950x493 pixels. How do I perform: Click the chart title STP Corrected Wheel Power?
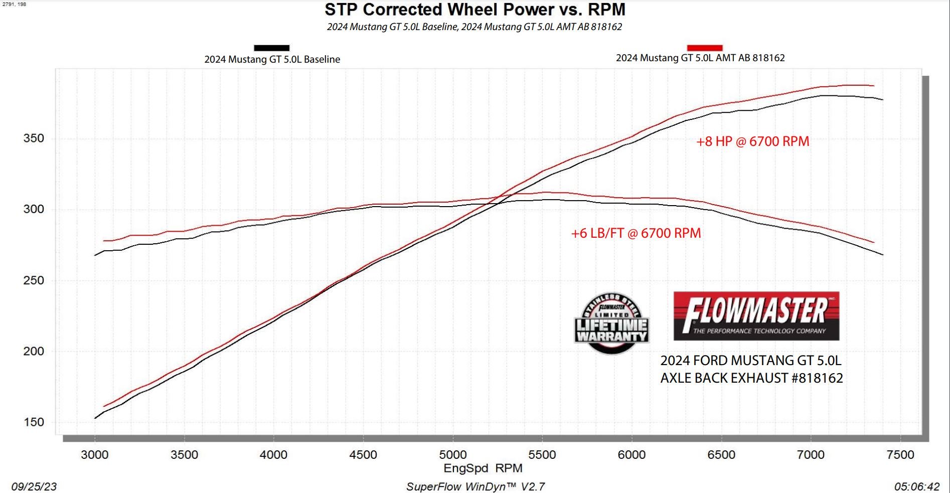click(x=474, y=10)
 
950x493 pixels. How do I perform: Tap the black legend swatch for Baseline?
click(x=271, y=48)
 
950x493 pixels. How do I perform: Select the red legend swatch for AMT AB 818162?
click(x=705, y=48)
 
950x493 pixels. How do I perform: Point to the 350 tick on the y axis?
click(x=34, y=138)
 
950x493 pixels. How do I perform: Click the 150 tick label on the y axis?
click(x=34, y=422)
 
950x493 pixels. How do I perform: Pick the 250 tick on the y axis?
click(x=34, y=280)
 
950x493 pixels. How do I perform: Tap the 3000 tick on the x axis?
click(x=94, y=455)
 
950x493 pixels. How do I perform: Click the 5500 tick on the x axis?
click(x=542, y=455)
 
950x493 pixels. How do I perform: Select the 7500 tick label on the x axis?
click(x=900, y=455)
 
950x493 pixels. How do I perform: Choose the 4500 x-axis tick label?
click(x=363, y=455)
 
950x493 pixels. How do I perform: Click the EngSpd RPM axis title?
click(x=483, y=468)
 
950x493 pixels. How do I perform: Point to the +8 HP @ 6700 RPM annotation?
click(x=752, y=141)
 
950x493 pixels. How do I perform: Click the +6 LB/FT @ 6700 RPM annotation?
click(x=636, y=233)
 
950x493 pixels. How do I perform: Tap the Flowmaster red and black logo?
click(x=756, y=316)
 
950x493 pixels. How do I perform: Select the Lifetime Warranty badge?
click(x=611, y=324)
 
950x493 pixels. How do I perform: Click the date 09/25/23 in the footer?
click(x=34, y=486)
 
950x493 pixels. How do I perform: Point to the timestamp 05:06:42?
click(x=916, y=486)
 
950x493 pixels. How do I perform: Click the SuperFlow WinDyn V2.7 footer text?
click(x=475, y=486)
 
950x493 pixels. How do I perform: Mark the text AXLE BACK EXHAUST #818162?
click(x=751, y=378)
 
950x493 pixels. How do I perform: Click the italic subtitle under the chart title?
click(x=474, y=27)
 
